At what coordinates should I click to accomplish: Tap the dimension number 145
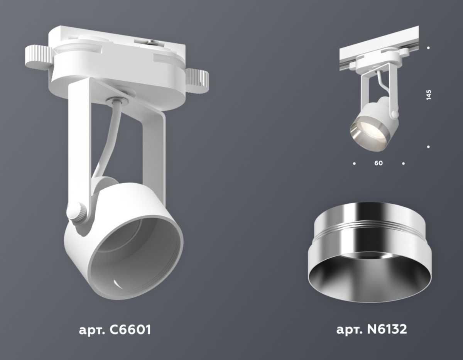(429, 95)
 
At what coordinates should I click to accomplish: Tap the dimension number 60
(379, 163)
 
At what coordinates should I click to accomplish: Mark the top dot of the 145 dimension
(429, 48)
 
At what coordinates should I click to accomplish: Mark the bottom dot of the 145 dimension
(429, 147)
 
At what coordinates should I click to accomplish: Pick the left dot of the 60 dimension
(354, 164)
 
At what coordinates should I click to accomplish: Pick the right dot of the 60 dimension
(403, 164)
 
